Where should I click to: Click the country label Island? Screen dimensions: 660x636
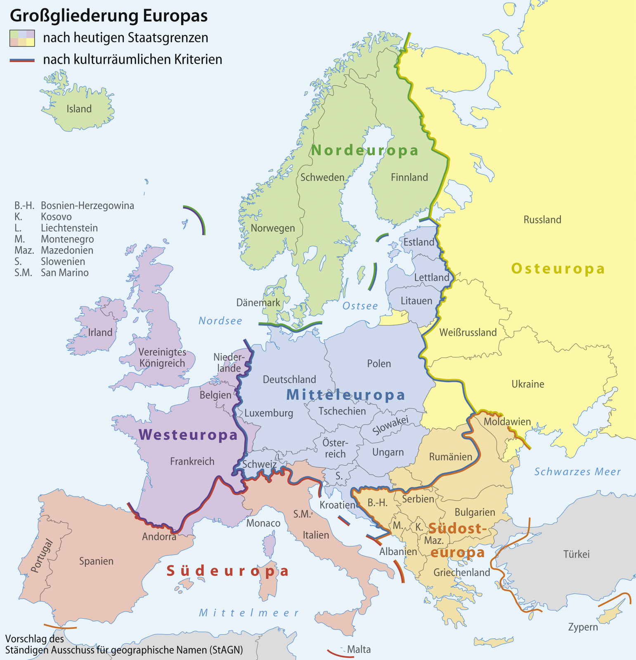(79, 109)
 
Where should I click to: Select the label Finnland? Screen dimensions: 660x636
(409, 177)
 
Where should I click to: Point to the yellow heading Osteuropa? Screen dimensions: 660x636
(558, 269)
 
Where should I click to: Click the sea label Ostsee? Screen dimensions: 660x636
(360, 306)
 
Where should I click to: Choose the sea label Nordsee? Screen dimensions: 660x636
(220, 321)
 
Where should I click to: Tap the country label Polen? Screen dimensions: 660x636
(379, 364)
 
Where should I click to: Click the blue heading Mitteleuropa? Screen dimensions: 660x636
(346, 395)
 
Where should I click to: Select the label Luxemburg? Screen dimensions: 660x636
(269, 413)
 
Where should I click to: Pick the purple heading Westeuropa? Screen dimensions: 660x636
(188, 435)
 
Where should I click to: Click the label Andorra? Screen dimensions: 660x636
(159, 537)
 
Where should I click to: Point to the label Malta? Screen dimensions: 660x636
(359, 650)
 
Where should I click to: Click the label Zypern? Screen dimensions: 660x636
(583, 627)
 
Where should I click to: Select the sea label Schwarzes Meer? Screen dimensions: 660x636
(577, 472)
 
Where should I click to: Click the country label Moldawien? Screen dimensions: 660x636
(507, 422)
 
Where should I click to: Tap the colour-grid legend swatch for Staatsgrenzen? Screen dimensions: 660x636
(22, 38)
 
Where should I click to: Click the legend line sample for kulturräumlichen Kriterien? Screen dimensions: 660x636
(22, 60)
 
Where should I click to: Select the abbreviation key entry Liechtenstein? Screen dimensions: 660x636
(69, 228)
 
